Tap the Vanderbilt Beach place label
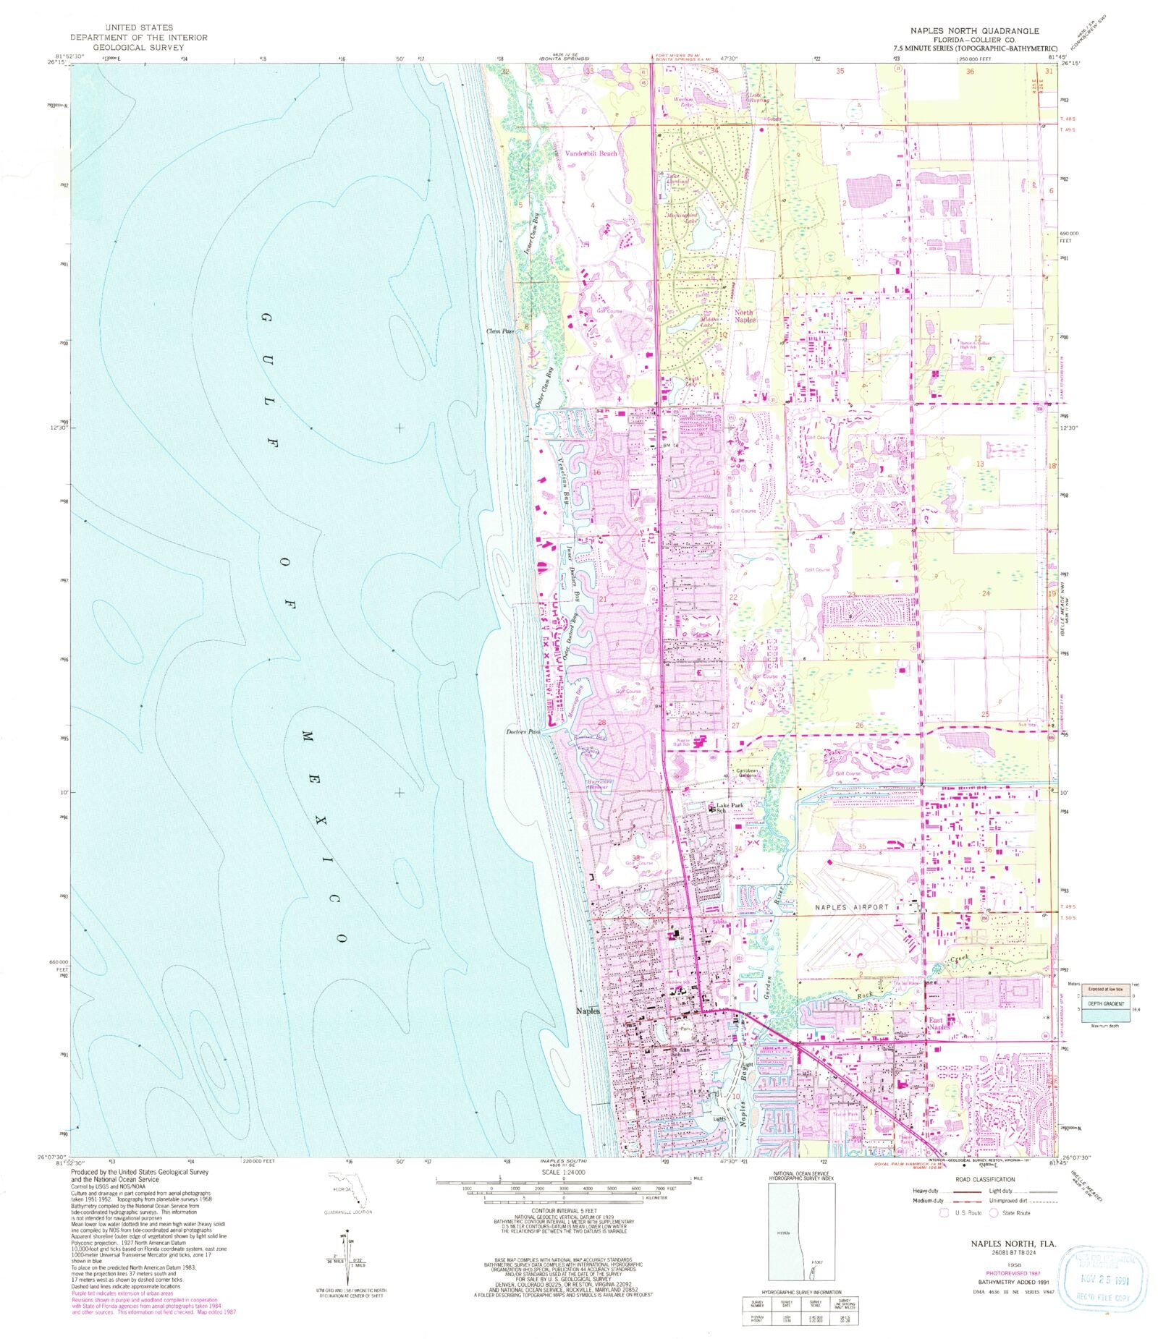tap(591, 153)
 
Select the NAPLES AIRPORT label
tap(851, 907)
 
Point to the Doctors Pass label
tap(523, 731)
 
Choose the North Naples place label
tap(745, 316)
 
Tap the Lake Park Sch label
tap(729, 808)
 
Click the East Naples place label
tap(939, 1024)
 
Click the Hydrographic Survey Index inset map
tap(800, 1232)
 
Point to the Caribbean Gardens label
tap(747, 773)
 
